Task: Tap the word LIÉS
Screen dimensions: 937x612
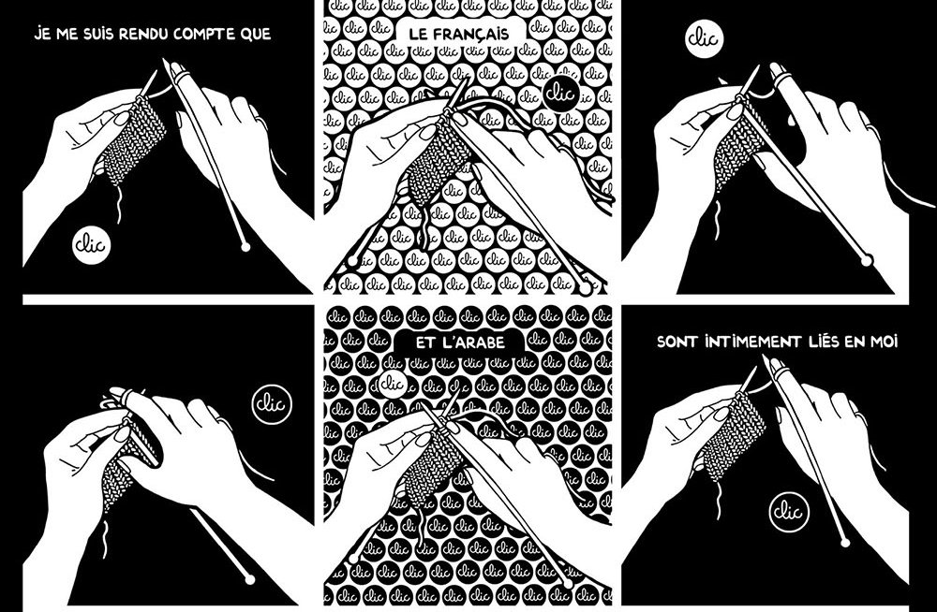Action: click(824, 342)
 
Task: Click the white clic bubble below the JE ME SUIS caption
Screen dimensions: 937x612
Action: click(92, 245)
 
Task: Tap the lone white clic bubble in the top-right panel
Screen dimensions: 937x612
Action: click(705, 38)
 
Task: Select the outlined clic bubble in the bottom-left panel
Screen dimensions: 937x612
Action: click(272, 404)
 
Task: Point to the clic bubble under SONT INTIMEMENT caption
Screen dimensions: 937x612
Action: click(789, 512)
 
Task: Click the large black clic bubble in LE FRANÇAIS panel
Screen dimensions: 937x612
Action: click(561, 94)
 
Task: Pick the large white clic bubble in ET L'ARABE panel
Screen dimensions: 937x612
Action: click(393, 383)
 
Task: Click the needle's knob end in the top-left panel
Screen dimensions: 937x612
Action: click(245, 247)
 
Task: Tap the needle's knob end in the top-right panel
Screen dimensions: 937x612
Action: click(867, 260)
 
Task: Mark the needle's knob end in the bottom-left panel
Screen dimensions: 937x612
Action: click(250, 579)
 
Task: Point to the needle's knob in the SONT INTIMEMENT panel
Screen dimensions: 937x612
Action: click(844, 543)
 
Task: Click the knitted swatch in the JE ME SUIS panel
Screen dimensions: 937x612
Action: click(134, 141)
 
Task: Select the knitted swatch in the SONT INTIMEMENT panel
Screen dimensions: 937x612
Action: click(734, 438)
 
